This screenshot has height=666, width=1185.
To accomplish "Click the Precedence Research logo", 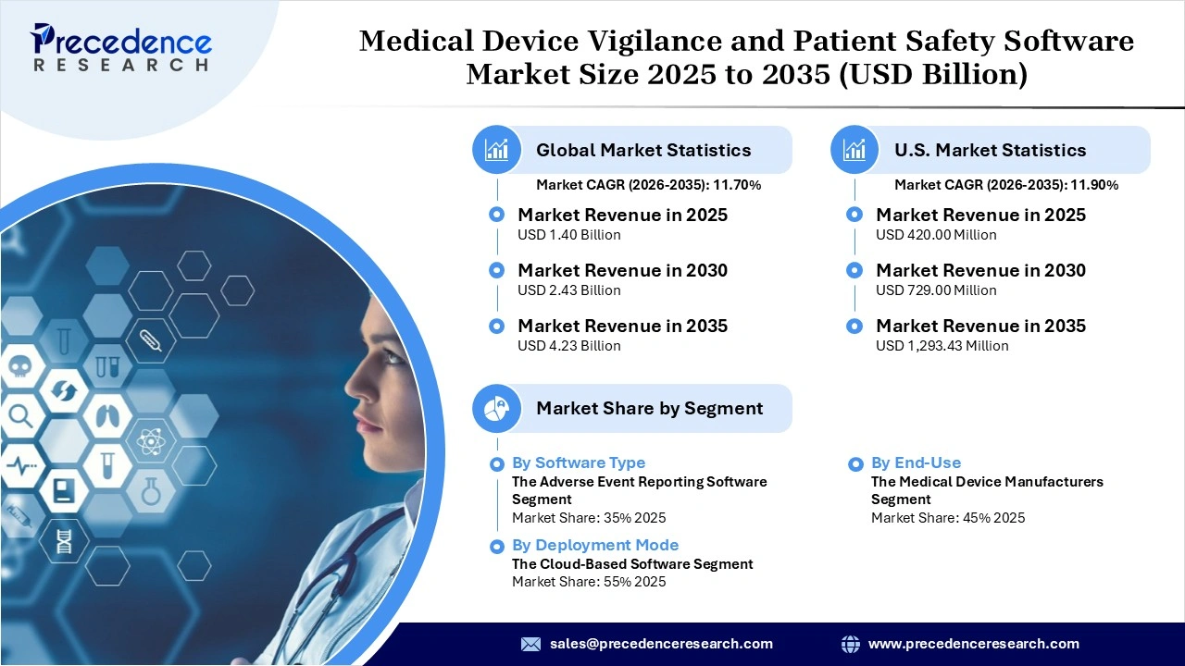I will tap(121, 47).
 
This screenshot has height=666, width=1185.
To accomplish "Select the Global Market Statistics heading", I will tap(642, 150).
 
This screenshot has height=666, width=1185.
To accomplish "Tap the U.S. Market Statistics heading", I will tap(990, 150).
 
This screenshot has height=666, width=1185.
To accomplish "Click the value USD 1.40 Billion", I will tap(568, 235).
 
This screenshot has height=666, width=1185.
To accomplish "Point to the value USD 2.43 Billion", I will tap(568, 290).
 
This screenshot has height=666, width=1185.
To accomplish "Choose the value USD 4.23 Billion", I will tap(568, 346).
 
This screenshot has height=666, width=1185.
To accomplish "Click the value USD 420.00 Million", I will tap(936, 235).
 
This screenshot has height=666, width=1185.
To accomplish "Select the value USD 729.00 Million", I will tap(936, 290).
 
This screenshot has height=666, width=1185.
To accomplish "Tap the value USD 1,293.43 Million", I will tap(942, 346).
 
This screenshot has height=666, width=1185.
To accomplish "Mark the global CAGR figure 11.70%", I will tap(736, 185).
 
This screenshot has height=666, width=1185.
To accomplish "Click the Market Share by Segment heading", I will tap(649, 408).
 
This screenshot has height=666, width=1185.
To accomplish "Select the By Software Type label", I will tap(579, 462).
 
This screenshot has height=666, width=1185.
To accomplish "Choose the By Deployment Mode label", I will tap(595, 545).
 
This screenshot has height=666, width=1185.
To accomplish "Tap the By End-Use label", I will tap(916, 462).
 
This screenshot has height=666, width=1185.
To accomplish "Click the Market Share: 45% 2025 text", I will tap(947, 518).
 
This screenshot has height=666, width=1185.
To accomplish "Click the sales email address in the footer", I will tap(660, 644).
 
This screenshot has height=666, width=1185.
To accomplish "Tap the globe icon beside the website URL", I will tap(850, 644).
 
